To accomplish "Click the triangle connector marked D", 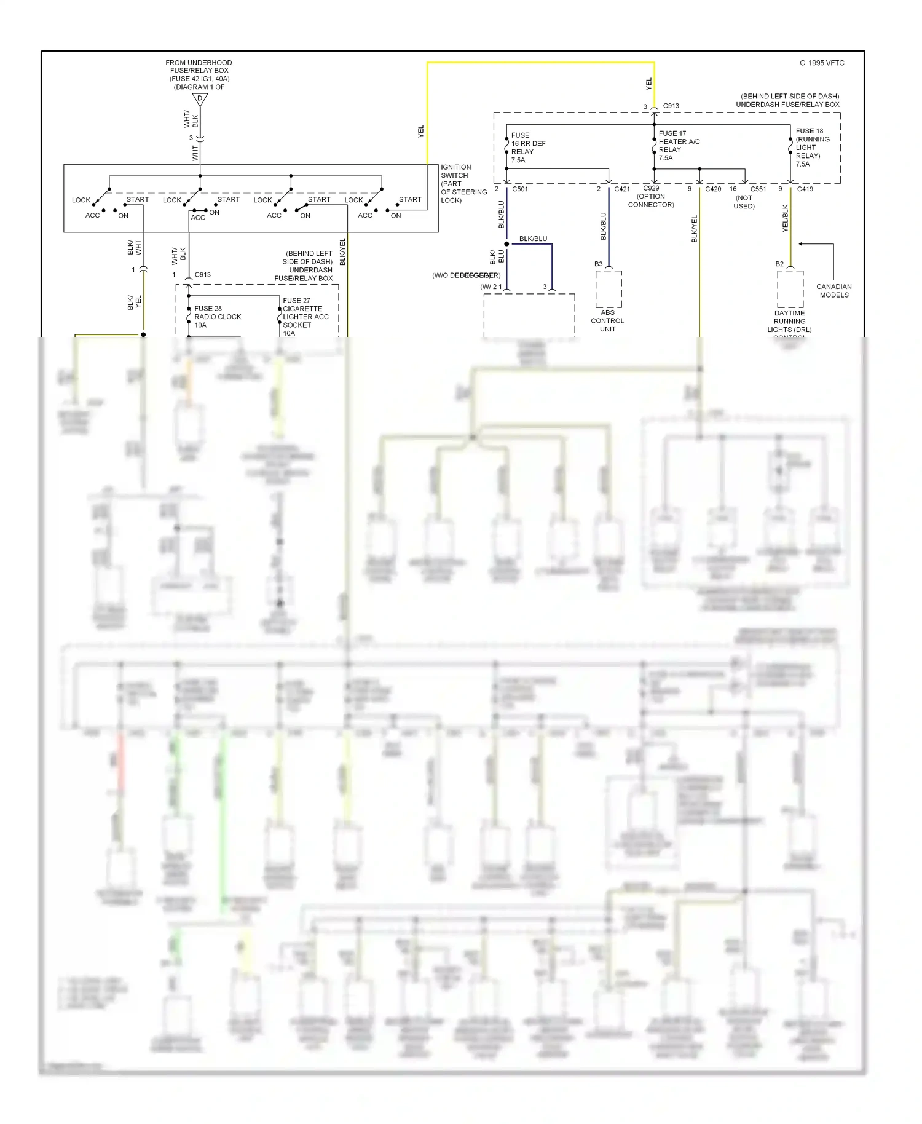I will pos(200,99).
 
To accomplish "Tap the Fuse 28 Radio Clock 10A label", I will pos(218,317).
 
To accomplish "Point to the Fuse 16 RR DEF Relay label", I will pos(528,148).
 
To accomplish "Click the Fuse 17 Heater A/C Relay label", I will pos(679,146).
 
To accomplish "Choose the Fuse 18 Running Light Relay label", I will pos(812,148).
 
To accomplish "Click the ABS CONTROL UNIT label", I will pos(607,320).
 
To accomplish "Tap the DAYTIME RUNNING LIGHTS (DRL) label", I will pos(789,322).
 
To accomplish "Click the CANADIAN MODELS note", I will pos(833,291).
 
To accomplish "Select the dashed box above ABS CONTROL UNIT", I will pos(609,289).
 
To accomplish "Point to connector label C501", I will pos(520,189).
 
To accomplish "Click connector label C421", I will pos(621,189).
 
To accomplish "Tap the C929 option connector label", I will pos(651,196).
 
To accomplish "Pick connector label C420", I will pos(713,189).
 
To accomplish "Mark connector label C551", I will pos(758,189).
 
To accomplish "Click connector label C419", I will pos(805,189).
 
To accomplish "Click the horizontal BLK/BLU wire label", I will pos(533,239).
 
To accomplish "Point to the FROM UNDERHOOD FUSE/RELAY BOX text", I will pos(199,74).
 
